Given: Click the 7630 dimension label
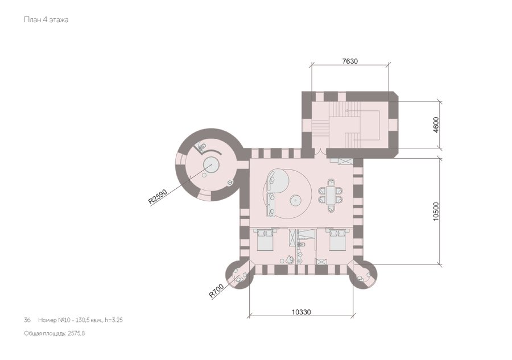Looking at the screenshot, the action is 350,61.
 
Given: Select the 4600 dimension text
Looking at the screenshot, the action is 436,125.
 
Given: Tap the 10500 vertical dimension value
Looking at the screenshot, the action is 436,212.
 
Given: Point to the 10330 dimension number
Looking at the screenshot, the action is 301,312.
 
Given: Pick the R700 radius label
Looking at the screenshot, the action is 217,291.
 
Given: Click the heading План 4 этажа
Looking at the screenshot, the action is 46,19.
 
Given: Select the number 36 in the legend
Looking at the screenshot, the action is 27,320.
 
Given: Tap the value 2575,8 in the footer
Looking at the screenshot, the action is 76,333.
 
